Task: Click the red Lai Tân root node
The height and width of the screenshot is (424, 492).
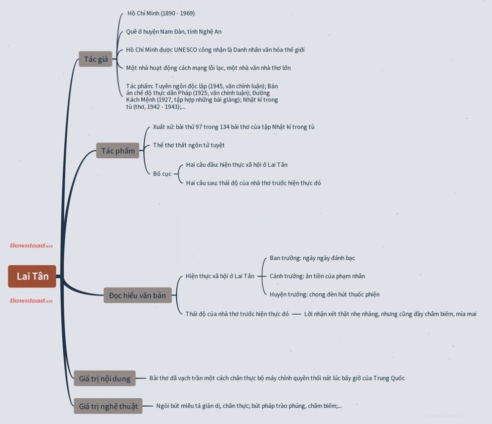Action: pos(32,276)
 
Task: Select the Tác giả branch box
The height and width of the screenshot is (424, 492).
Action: pos(95,59)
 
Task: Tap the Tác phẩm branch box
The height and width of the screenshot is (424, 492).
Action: pos(118,150)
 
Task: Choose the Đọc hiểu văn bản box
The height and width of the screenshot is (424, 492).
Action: pos(137,295)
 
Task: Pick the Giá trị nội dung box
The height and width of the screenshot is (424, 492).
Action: pos(105,378)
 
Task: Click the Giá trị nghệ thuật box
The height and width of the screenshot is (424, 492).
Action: pos(108,406)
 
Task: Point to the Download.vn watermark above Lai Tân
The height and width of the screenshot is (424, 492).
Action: pos(31,245)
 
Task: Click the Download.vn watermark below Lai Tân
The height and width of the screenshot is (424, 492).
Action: pos(31,300)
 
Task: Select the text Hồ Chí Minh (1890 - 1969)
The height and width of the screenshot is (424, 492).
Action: pos(161,13)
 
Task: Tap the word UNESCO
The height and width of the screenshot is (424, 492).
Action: pos(185,49)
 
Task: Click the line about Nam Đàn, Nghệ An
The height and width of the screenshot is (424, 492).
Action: pos(174,32)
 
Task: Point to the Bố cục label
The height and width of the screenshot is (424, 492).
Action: pos(162,174)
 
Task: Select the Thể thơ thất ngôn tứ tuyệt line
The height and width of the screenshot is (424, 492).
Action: pos(189,145)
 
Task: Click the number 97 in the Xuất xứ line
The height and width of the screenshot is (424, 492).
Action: pos(199,127)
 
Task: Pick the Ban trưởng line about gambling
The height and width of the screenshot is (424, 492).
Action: pos(312,258)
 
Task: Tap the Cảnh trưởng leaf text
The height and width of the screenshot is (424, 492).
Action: pos(317,276)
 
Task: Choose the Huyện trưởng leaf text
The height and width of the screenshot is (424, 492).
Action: pos(325,294)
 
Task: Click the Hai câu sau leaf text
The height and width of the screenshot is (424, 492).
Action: pos(253,183)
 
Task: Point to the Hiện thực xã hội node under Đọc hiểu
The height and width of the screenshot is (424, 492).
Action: pos(220,276)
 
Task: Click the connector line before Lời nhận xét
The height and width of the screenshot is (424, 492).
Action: pos(296,314)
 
